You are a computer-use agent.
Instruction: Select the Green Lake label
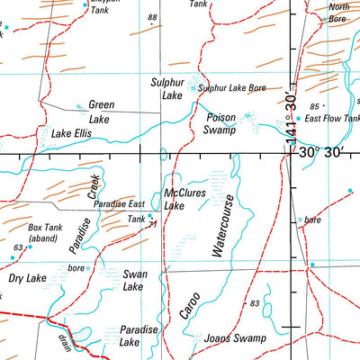(x=100, y=111)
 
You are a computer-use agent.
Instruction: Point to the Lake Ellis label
(x=73, y=134)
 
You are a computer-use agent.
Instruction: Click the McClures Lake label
(x=187, y=199)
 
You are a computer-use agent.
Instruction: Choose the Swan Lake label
(x=132, y=280)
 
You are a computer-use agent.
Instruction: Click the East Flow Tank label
(x=332, y=118)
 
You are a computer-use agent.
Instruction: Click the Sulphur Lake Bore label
(x=231, y=88)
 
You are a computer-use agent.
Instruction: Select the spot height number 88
(x=153, y=17)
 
